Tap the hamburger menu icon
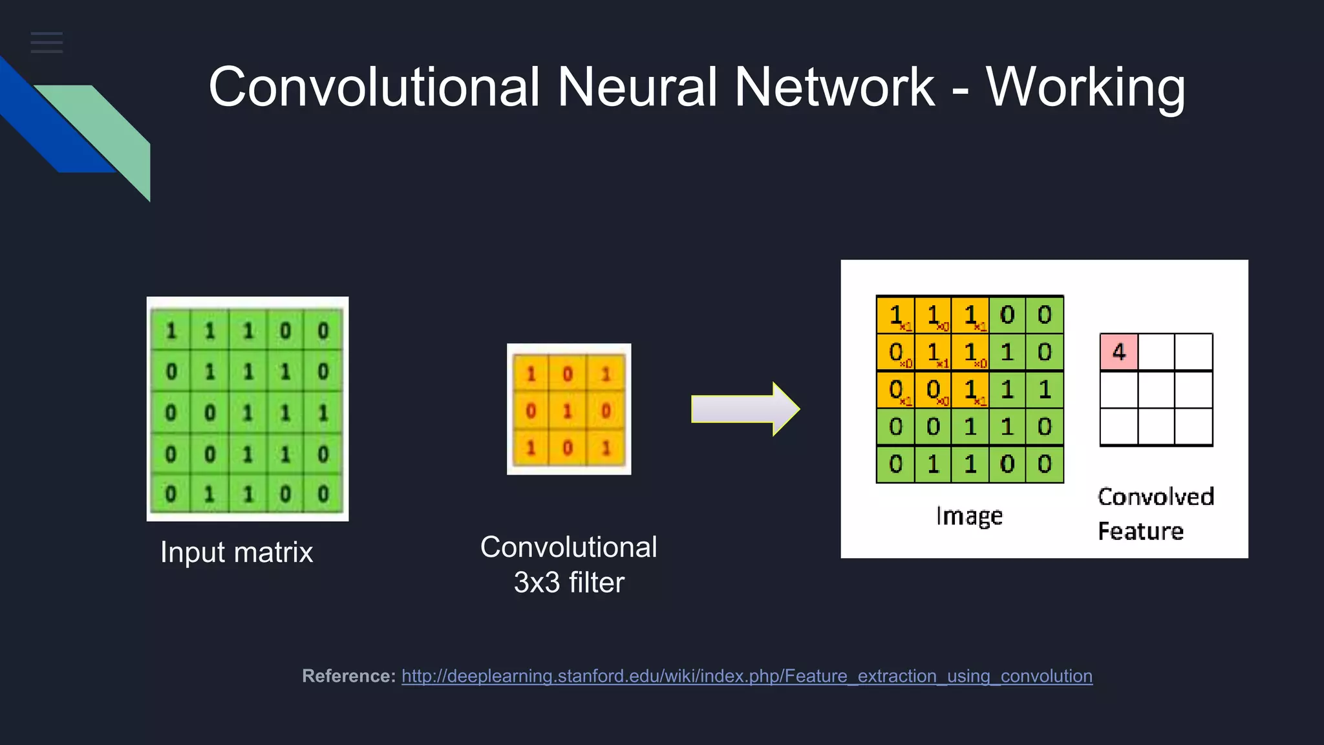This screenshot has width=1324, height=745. point(47,43)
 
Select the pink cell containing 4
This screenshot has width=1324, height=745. point(1118,352)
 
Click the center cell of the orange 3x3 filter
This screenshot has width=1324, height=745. point(568,411)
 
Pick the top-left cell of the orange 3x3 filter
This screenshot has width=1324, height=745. point(531,374)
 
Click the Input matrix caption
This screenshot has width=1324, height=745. point(237,552)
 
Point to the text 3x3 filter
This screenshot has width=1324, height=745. point(569,582)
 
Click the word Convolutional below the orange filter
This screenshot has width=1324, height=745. point(569,547)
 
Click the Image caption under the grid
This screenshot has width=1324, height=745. point(969,516)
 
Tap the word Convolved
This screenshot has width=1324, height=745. point(1156,497)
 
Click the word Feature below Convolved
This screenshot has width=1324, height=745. point(1140,531)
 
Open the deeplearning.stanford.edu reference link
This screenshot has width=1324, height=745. point(747,676)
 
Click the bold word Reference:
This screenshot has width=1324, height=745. point(348,676)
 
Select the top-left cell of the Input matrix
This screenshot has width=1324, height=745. point(171,331)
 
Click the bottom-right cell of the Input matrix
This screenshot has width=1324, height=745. point(323,494)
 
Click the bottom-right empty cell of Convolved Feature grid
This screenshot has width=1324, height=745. point(1193,426)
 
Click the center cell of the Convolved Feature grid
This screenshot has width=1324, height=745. point(1156,389)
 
